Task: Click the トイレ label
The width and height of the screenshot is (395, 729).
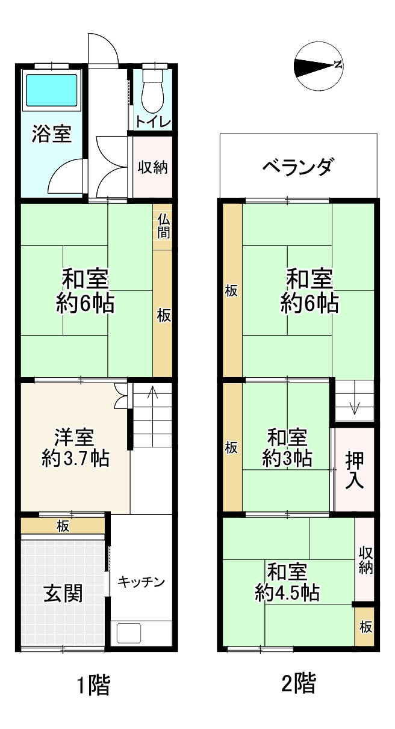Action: [x=153, y=121]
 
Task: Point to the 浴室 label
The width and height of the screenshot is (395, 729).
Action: [x=52, y=134]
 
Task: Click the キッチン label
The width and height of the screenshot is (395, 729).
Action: [x=141, y=582]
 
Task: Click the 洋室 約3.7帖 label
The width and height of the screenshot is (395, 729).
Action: [x=75, y=448]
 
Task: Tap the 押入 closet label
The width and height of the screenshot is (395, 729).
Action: [x=354, y=470]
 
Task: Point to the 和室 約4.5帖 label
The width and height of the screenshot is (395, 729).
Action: [x=287, y=582]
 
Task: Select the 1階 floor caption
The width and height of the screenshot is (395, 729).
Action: [x=94, y=684]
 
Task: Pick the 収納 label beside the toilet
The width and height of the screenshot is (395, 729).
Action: [x=152, y=167]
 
